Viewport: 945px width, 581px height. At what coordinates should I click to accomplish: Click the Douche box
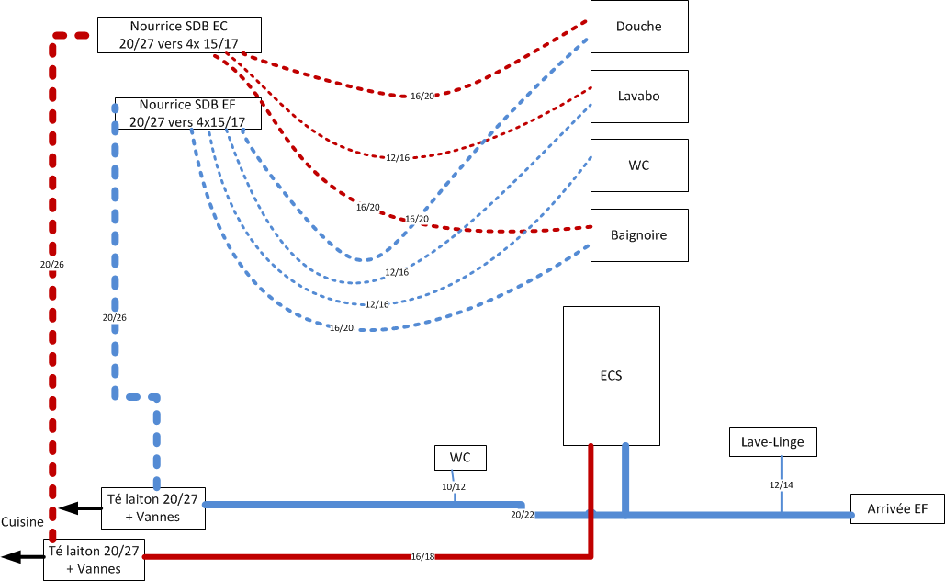639,27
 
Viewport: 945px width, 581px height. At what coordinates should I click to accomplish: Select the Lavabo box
639,96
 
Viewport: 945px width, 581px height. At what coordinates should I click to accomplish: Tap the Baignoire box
639,235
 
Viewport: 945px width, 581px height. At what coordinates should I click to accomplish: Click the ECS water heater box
612,375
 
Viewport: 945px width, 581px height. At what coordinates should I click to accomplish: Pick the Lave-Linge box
772,442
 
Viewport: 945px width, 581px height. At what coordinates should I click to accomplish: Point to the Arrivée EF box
897,507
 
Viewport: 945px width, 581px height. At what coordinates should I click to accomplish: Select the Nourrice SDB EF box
187,113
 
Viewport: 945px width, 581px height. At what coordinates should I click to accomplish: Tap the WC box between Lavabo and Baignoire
639,165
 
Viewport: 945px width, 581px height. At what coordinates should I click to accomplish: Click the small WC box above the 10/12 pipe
460,457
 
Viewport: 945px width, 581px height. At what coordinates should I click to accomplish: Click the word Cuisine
22,522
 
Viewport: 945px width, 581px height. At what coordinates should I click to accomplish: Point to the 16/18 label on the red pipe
422,556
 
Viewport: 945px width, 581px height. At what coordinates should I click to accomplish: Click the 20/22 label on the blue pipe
523,515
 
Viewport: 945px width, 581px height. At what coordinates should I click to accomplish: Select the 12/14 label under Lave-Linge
782,484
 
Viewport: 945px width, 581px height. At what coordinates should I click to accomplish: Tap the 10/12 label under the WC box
454,486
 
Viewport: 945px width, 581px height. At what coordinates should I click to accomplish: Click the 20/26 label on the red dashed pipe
53,265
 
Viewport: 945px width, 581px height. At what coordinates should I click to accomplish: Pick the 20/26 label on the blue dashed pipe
115,317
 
